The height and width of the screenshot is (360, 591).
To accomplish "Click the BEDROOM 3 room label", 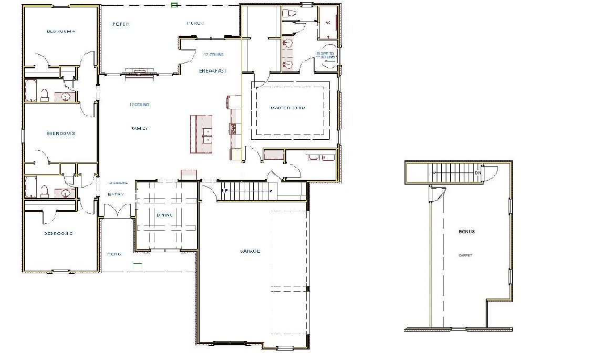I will tap(61, 133).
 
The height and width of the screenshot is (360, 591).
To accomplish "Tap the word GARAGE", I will tap(250, 251).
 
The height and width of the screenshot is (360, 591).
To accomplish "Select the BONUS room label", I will tap(466, 232).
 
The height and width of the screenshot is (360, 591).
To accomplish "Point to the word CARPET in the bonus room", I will tap(465, 255).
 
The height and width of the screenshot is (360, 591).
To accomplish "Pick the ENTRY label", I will tap(116, 194).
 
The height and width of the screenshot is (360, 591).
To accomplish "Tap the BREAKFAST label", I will tap(212, 71).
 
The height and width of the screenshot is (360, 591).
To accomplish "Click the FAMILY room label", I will tap(140, 128).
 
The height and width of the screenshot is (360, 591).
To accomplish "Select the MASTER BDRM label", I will tap(288, 108).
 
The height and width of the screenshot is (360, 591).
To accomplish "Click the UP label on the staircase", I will tap(225, 190).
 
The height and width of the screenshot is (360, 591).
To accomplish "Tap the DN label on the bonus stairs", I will tap(478, 173).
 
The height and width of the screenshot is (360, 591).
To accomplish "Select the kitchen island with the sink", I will tap(202, 134).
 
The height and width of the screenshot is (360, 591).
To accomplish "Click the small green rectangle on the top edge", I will tap(174, 5).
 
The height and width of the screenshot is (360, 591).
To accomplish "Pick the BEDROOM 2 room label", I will tap(58, 234).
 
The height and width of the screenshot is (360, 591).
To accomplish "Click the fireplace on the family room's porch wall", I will tap(139, 73).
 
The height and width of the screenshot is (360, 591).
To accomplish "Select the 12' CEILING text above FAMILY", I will tap(140, 105).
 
